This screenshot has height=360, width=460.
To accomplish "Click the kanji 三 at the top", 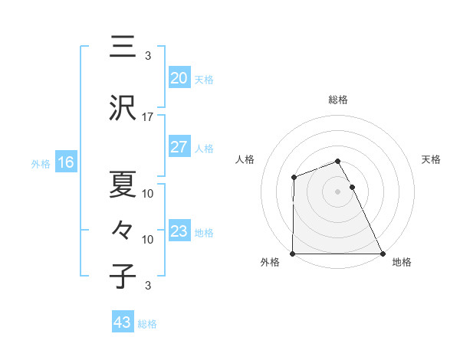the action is [x=122, y=47].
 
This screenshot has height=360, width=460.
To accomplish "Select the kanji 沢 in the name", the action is [x=122, y=109].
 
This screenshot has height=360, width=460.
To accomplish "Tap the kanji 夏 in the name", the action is [x=122, y=184].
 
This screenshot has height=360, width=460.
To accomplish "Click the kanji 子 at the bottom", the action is [x=122, y=277].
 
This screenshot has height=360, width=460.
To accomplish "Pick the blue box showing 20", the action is [x=179, y=78].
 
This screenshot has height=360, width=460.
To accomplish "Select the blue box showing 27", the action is [x=179, y=148].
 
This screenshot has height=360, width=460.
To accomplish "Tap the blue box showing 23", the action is [x=179, y=231].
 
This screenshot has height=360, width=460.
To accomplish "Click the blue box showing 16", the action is [x=66, y=162].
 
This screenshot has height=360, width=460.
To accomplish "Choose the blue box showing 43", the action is [x=123, y=322].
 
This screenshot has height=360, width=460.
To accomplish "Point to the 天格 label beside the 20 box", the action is [x=204, y=80].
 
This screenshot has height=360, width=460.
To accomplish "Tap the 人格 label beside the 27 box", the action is [x=204, y=149].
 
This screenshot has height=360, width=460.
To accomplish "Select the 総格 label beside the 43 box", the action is [x=147, y=324].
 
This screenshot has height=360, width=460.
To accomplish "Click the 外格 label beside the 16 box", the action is [x=41, y=163].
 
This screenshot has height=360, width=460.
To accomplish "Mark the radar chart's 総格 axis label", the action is [x=338, y=100].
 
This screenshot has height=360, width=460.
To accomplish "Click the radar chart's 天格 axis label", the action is [x=432, y=159].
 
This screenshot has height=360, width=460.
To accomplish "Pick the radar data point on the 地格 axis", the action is [x=382, y=254].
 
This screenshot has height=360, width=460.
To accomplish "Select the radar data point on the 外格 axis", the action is [x=293, y=254].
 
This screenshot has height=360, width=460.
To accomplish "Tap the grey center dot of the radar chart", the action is [x=337, y=191].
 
